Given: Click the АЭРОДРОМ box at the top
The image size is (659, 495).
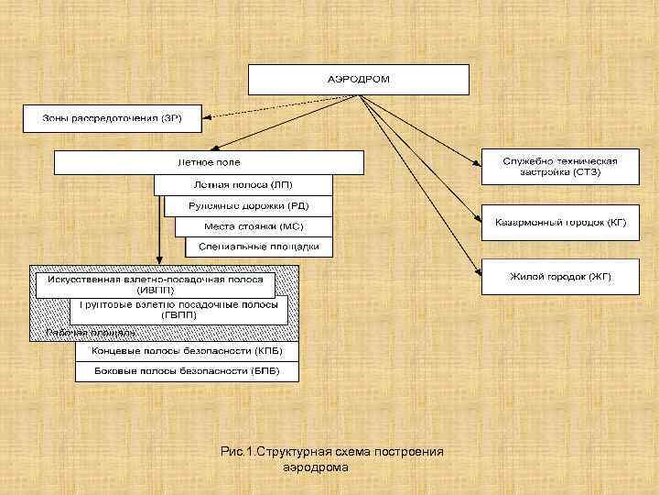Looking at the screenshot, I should point(359,79).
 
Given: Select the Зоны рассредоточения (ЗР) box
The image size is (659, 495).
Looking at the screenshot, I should point(113,118).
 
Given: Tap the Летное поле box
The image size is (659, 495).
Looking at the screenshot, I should point(209,162).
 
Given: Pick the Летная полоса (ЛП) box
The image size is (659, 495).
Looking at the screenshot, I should point(243,184).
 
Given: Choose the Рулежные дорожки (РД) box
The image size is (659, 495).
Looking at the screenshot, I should point(248,205).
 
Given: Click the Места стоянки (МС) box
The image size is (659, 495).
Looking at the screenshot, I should point(254,226).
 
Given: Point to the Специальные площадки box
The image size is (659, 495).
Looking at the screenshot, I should point(258,247).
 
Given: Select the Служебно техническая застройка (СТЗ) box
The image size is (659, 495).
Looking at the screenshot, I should point(560,166).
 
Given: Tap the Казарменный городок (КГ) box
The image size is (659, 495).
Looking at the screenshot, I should point(560,223).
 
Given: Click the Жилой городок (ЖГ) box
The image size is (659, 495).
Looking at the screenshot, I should point(560,276).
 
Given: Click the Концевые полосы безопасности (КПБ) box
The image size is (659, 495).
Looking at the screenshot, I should point(188,351).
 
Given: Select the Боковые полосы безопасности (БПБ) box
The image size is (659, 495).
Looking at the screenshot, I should point(188,372).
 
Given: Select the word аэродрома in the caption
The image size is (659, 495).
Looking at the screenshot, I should point(317,467).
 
